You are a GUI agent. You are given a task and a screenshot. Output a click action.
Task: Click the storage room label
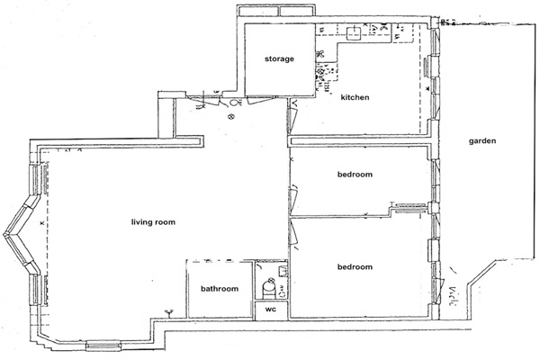point(279,58)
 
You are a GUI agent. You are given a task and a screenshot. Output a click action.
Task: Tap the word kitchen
point(355,97)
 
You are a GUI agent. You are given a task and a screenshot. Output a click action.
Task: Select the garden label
point(482,141)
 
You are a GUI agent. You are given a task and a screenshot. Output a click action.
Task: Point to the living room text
point(153,222)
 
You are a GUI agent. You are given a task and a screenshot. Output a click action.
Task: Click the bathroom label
point(220,289)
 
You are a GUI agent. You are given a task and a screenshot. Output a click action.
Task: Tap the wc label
point(271,310)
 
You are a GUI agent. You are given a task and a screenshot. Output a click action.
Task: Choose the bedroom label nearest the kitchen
point(355,175)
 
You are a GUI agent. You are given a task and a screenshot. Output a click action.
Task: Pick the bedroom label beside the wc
point(355,267)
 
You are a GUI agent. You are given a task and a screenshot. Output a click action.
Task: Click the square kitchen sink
point(353,33)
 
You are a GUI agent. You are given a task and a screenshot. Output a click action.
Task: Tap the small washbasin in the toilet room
point(283,271)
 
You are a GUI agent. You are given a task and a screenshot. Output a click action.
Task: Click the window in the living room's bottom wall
point(103,346)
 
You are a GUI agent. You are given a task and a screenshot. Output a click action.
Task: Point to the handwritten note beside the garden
point(453,296)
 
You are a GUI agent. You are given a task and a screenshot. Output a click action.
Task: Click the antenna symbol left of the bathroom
point(169,313)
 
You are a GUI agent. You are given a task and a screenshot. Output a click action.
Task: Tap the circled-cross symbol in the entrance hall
point(231,117)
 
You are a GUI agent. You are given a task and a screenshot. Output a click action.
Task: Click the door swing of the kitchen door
point(292,117)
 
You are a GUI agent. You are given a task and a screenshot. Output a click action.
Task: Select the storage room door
point(262,99)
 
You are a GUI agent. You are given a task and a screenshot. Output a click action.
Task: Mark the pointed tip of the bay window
point(4,235)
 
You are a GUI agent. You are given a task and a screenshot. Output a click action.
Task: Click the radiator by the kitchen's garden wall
point(426,67)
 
